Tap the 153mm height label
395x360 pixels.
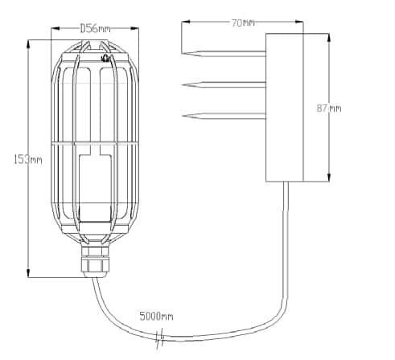28,159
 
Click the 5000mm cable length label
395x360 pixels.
156,316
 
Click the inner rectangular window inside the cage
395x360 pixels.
93,189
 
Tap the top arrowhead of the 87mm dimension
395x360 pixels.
330,35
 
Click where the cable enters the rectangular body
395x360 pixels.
285,182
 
